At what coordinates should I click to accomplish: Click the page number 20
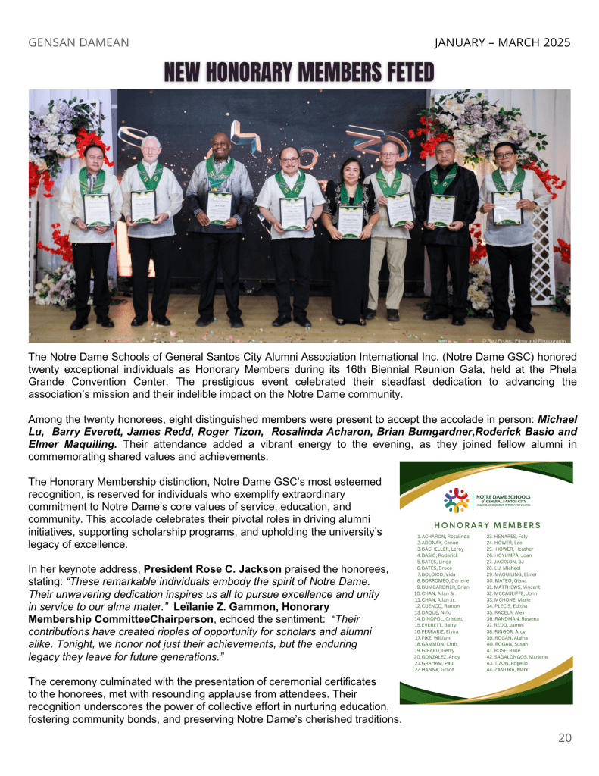(563, 737)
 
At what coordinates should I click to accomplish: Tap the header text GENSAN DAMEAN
(78, 42)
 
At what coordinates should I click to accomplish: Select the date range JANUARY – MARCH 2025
(502, 42)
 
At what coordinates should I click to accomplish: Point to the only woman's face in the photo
(351, 169)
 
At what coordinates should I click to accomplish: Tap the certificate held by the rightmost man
(506, 207)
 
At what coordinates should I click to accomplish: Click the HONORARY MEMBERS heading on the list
(487, 525)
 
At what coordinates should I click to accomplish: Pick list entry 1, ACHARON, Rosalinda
(442, 536)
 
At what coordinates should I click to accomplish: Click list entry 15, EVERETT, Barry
(438, 624)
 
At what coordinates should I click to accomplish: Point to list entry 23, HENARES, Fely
(507, 536)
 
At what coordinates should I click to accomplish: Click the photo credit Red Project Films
(525, 340)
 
